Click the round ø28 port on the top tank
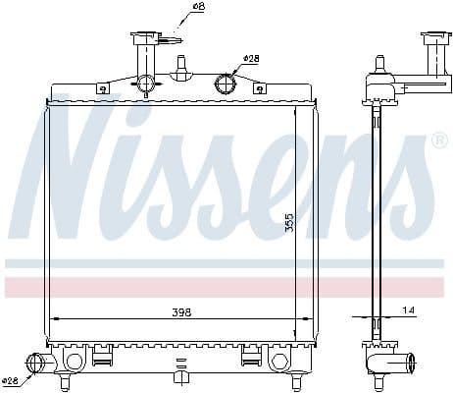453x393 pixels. [x=226, y=82]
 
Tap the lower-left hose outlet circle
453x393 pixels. [x=39, y=364]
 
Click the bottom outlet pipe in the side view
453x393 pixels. [x=391, y=364]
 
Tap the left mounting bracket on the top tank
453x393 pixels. [x=103, y=88]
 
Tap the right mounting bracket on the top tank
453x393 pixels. [x=259, y=88]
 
